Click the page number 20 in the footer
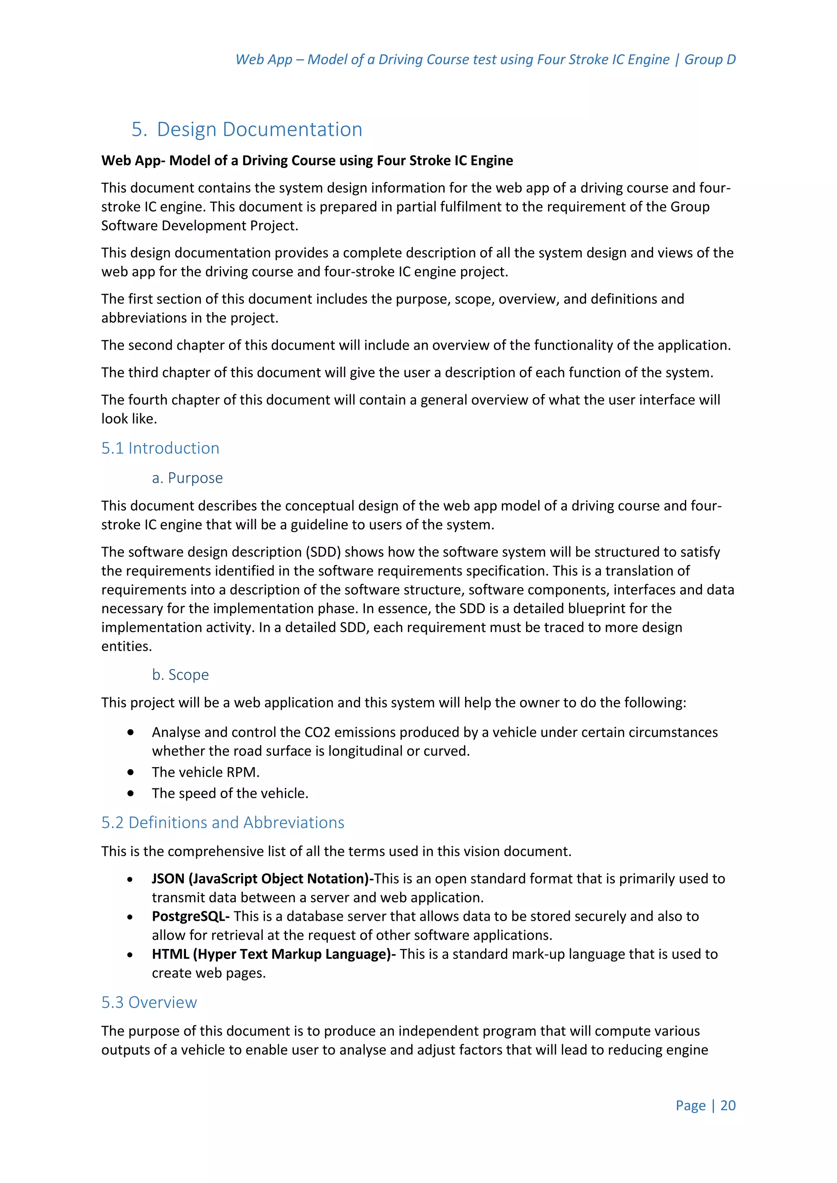click(728, 1105)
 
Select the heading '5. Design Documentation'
click(247, 129)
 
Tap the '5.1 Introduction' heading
click(160, 448)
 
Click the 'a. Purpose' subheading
click(187, 478)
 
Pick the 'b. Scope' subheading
click(180, 675)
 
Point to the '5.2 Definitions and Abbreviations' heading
click(223, 822)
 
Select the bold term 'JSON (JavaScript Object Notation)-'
click(263, 879)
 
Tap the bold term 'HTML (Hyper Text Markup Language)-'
click(274, 954)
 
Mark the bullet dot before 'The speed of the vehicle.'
click(131, 793)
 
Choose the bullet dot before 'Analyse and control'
click(131, 732)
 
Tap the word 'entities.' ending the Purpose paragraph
click(126, 646)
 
